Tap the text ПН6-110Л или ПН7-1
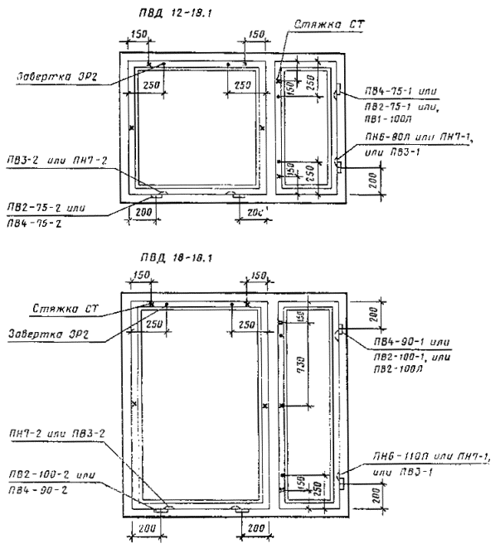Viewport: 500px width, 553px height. (x=417, y=469)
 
